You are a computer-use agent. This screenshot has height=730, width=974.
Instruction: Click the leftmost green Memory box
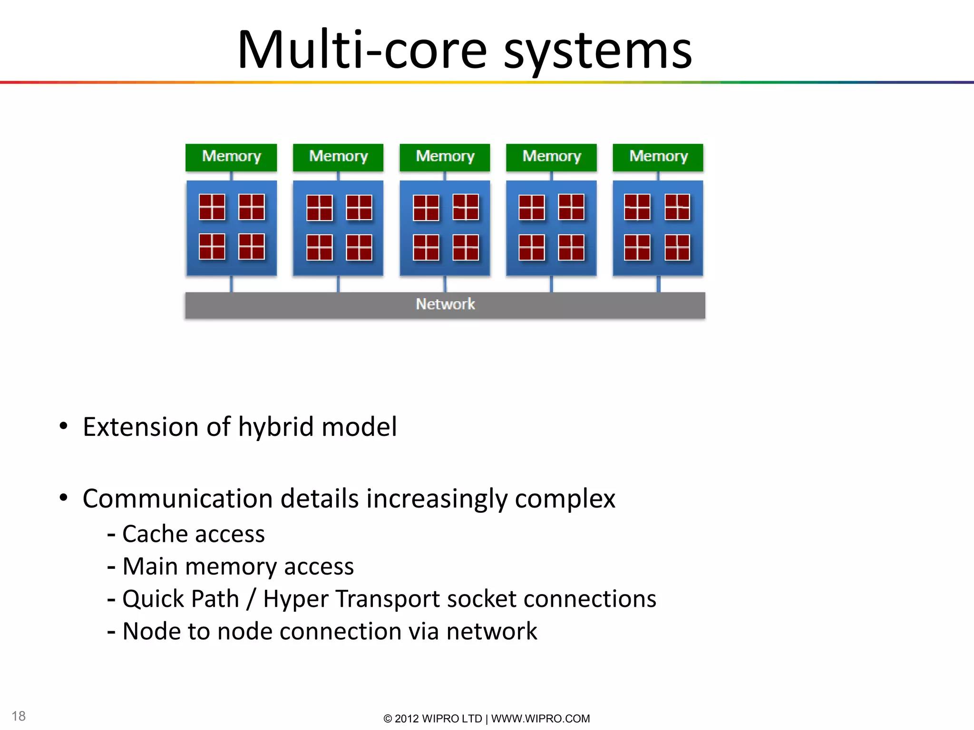[x=231, y=157]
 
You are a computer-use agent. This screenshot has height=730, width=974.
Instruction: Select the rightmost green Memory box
[x=658, y=157]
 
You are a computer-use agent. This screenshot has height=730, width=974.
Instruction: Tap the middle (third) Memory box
[x=445, y=157]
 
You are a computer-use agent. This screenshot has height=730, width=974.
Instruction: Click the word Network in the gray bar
[x=445, y=304]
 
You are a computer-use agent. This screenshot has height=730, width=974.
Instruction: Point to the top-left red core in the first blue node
[x=212, y=207]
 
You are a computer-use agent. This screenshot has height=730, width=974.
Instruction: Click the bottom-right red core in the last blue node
[x=677, y=248]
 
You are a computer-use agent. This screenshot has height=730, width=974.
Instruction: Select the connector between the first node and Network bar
[x=232, y=284]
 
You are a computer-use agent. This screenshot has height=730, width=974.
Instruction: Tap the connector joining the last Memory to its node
[x=658, y=176]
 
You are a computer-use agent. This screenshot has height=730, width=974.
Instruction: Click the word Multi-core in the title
[x=361, y=50]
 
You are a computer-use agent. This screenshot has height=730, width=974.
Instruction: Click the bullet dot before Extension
[x=64, y=426]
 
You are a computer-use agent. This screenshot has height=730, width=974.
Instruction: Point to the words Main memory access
[x=238, y=567]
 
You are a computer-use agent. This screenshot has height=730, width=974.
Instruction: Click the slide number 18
[x=19, y=716]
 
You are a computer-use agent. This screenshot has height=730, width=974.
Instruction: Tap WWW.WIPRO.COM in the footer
[x=540, y=719]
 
